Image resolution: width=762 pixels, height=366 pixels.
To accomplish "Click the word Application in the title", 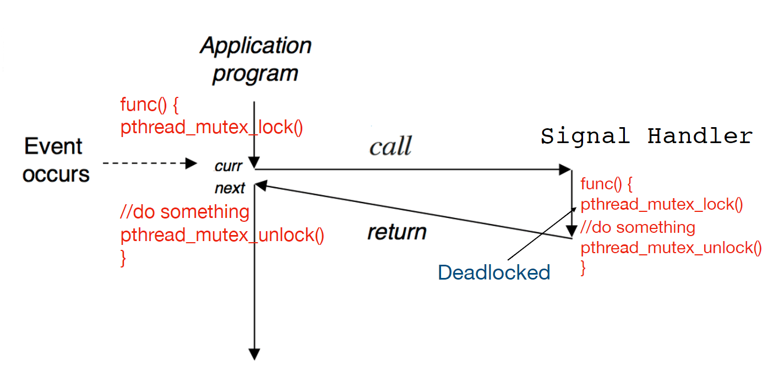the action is tap(255, 46).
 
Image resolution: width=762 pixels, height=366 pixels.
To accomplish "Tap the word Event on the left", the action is tap(53, 146).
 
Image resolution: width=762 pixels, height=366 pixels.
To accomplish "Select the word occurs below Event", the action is tap(56, 174).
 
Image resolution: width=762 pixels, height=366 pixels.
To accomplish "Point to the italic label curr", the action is tap(228, 166).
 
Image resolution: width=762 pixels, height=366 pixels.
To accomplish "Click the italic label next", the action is tap(230, 188).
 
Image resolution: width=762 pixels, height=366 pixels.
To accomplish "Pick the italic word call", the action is tap(390, 146).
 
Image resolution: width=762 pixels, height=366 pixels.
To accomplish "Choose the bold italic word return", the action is tap(397, 232).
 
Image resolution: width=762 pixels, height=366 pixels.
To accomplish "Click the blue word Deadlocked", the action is tap(494, 272).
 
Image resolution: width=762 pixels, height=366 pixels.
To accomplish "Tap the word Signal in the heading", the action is tap(585, 136).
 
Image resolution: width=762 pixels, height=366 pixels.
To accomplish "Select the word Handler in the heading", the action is tap(700, 136).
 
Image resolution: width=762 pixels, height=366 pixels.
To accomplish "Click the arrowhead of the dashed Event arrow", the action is tap(191, 163).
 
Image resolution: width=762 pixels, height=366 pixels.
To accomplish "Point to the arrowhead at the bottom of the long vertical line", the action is tap(254, 354).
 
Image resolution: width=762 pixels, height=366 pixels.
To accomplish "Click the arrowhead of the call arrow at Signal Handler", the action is tap(565, 170).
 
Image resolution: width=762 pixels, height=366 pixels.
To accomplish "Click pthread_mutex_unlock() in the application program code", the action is tap(222, 235).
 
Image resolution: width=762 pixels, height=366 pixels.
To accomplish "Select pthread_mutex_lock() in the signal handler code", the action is tap(662, 205).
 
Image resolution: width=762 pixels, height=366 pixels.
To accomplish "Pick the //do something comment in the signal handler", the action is tap(638, 227).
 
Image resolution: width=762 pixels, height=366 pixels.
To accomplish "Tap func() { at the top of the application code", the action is tap(149, 105).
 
